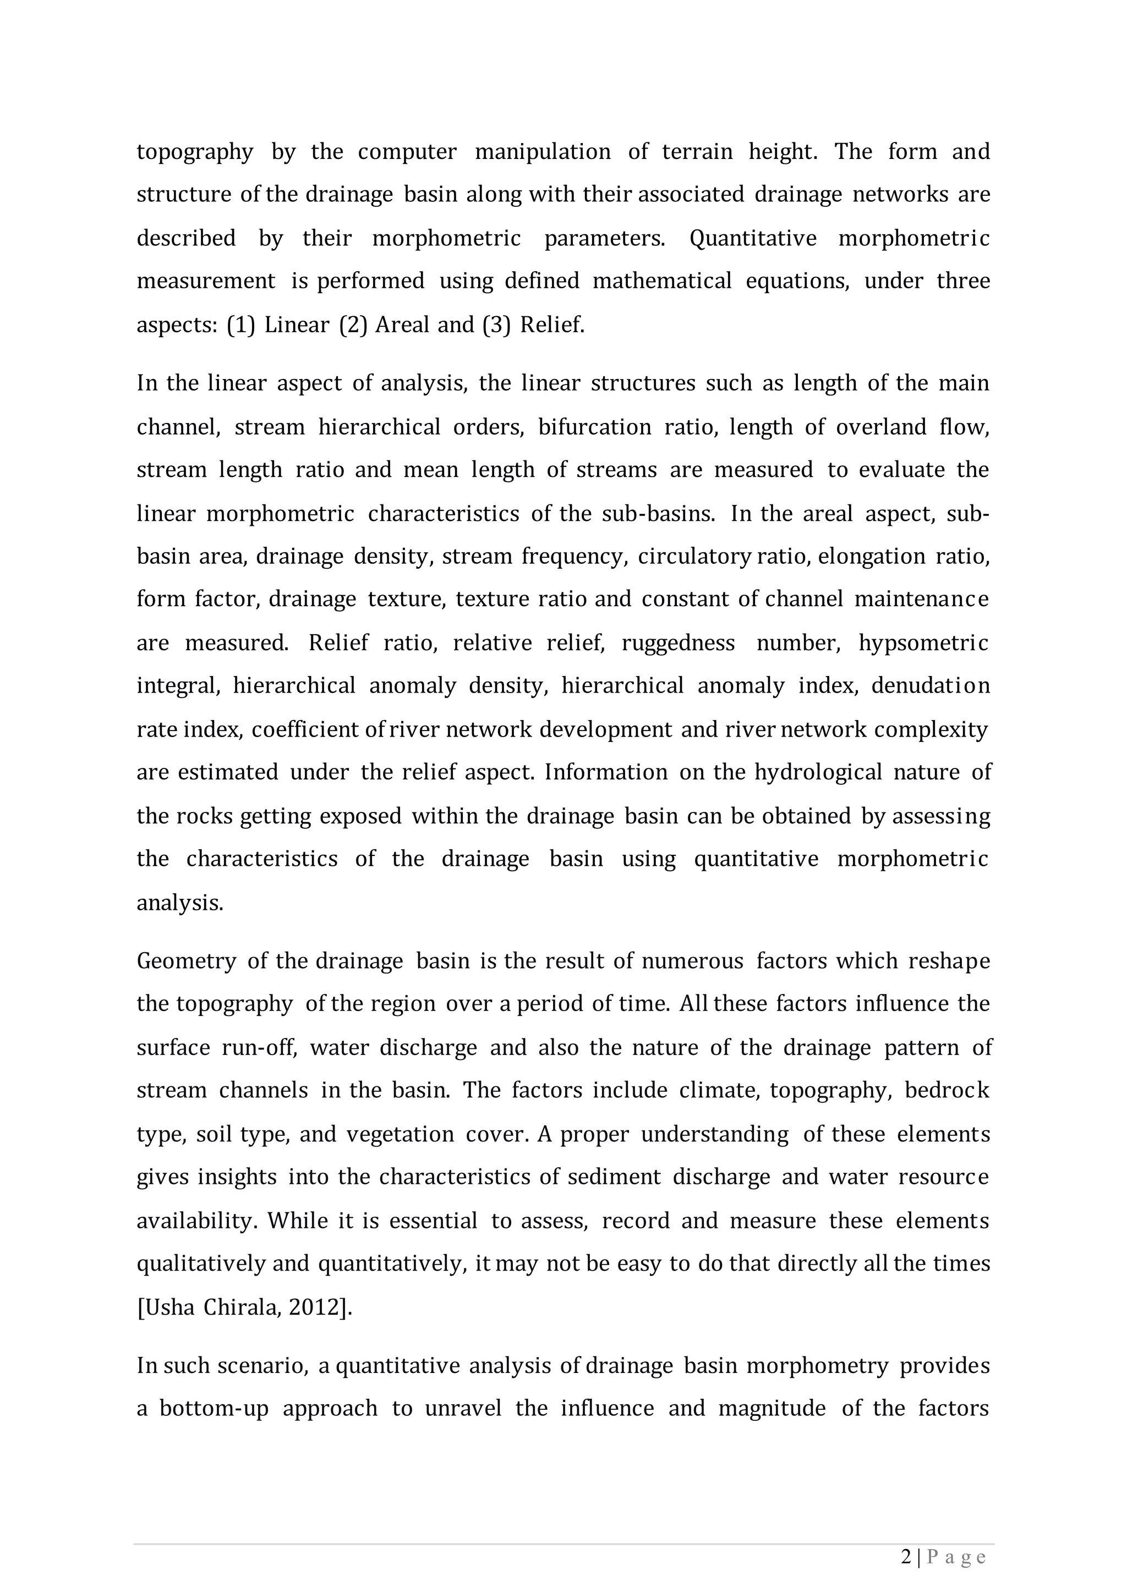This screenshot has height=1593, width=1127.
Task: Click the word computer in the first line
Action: pos(407,152)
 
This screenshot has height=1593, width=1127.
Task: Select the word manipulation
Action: pos(542,152)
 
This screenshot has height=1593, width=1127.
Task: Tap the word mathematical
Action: pos(662,281)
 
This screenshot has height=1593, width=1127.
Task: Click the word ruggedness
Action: pos(677,643)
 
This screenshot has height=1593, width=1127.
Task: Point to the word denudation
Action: pos(930,686)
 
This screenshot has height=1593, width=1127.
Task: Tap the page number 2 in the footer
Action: pos(906,1558)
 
